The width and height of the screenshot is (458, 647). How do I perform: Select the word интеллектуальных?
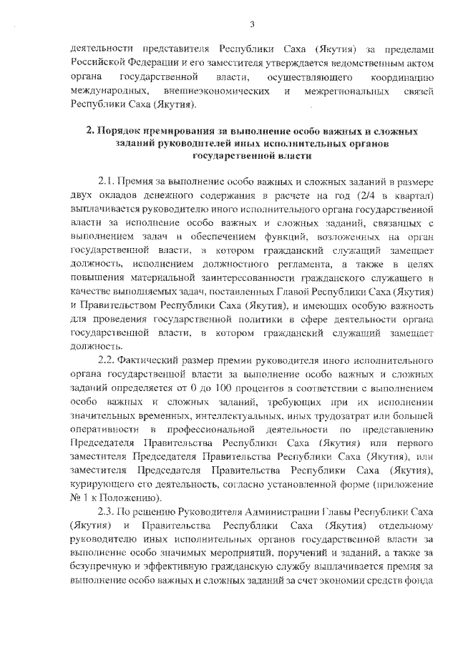(x=234, y=414)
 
